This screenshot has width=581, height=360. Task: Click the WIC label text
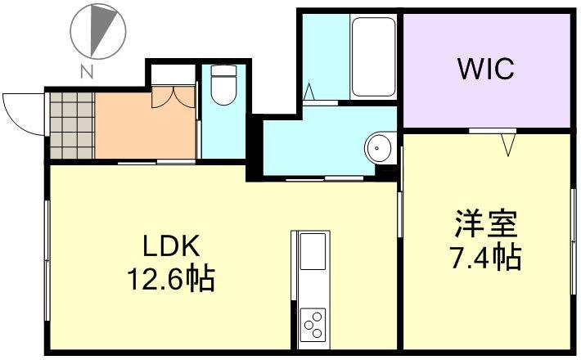pyautogui.click(x=485, y=69)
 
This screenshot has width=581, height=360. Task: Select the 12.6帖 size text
pyautogui.click(x=170, y=280)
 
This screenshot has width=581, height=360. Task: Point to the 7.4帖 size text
pyautogui.click(x=485, y=258)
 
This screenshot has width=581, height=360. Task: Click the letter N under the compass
pyautogui.click(x=85, y=71)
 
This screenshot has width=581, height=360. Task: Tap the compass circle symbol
pyautogui.click(x=97, y=31)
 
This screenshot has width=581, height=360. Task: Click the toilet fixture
pyautogui.click(x=223, y=86)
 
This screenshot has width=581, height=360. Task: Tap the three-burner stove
pyautogui.click(x=313, y=324)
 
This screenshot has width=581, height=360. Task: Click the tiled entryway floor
pyautogui.click(x=72, y=125)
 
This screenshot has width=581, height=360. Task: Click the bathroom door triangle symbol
pyautogui.click(x=312, y=92)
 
